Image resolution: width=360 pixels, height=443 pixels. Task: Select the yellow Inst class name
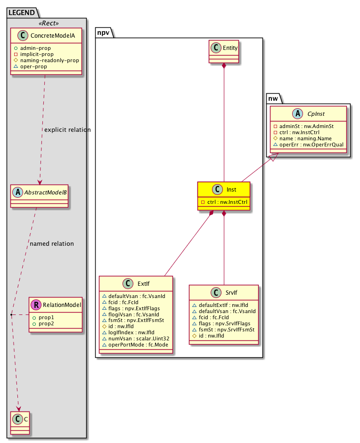click(x=231, y=189)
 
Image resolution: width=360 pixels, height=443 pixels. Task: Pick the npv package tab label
click(x=104, y=32)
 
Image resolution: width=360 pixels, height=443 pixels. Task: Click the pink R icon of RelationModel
click(x=35, y=305)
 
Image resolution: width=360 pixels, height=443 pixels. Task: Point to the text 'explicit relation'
click(x=67, y=129)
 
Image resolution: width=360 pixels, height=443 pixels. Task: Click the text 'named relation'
click(x=51, y=244)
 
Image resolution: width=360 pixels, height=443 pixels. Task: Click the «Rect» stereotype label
click(x=46, y=23)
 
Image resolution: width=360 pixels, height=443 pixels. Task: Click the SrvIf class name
click(x=231, y=292)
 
